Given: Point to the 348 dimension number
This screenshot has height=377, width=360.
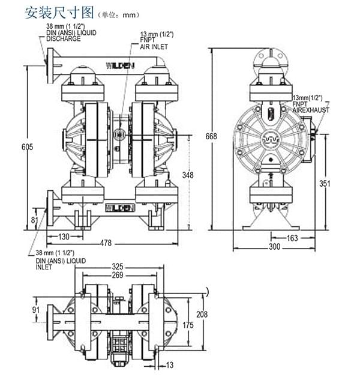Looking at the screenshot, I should pos(188,174).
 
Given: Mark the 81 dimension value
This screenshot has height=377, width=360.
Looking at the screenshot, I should pos(34,220).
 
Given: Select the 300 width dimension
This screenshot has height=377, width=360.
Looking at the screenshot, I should pos(275,247).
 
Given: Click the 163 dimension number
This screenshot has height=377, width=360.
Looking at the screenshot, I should pos(292,238).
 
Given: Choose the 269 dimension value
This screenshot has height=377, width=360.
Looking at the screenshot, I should pos(118,275).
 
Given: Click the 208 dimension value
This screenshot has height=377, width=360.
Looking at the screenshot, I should pos(202,314).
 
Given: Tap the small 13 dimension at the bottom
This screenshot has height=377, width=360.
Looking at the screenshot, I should pos(169,364).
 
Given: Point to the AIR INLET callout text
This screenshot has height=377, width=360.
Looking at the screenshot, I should pos(154,46).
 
